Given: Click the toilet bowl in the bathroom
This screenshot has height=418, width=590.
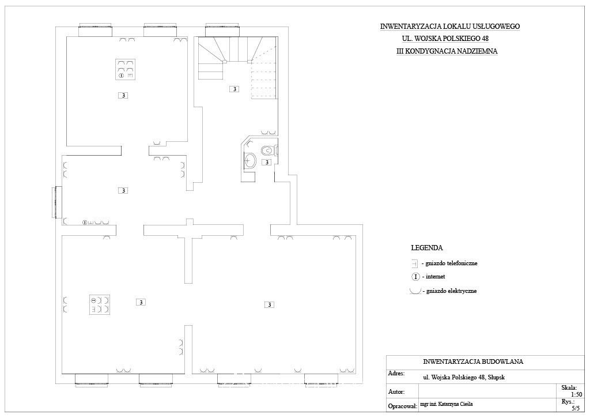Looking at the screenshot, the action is pos(268,150).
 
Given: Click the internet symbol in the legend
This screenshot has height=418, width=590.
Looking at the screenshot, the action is pos(415,277).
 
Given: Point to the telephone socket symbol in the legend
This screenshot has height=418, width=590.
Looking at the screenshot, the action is pos(415,263).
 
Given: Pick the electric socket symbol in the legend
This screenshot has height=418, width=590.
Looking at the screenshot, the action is pos(415,291).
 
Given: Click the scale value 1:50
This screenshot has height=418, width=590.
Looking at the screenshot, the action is pos(576,395).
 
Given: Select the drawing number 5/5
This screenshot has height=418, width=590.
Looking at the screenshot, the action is pos(576,408).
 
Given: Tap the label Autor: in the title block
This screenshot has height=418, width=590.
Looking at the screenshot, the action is pos(396,391).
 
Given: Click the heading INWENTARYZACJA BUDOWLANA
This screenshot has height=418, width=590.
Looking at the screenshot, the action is pos(473,361).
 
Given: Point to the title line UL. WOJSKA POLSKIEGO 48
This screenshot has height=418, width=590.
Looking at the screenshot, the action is pos(445,39).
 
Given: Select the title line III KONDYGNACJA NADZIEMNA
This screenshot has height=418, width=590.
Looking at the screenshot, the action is pos(447,51).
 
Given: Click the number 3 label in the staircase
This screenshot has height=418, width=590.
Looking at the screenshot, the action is pos(235,89).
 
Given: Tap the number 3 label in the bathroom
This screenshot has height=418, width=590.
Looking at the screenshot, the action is pos(266,163).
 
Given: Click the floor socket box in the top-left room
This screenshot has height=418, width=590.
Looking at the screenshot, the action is pos(125,69).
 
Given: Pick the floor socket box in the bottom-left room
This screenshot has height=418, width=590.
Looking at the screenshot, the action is pos(100,304).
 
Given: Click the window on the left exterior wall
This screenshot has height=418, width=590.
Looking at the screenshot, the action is pos(58,202).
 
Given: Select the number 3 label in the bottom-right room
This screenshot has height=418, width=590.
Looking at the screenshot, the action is pos(270,304).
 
